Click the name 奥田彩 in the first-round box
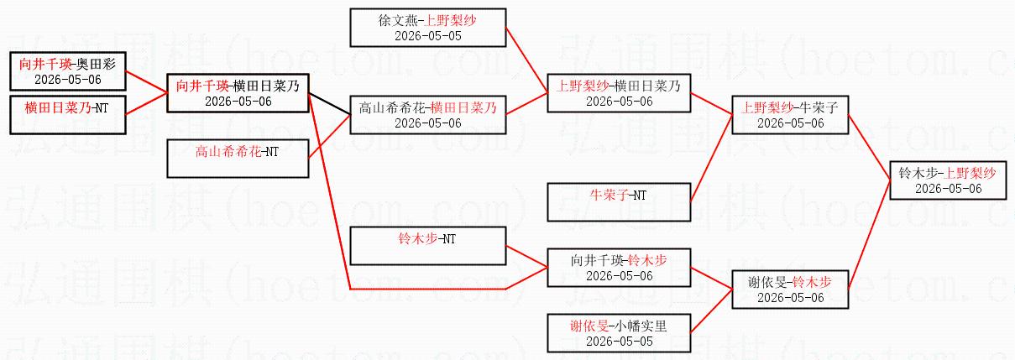coord(96,64)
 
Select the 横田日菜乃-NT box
coord(68,115)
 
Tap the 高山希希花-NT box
coord(238,159)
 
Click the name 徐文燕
coord(398,20)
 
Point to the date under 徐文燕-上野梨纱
coord(428,36)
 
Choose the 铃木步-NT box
coord(428,246)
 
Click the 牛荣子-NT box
coord(619,202)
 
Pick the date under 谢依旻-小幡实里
coord(619,342)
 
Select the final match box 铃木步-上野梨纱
coord(948,180)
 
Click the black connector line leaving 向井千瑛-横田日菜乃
coord(329,104)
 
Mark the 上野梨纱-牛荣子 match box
coord(790,115)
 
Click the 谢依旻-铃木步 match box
coord(790,290)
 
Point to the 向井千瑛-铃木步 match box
coord(619,268)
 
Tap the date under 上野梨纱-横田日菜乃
coord(619,102)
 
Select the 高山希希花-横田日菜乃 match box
coord(428,115)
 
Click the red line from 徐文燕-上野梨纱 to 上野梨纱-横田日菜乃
coord(526,60)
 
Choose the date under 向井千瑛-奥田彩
coord(68,80)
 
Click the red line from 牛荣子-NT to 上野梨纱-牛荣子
coord(711,159)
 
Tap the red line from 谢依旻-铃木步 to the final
coord(869,235)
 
